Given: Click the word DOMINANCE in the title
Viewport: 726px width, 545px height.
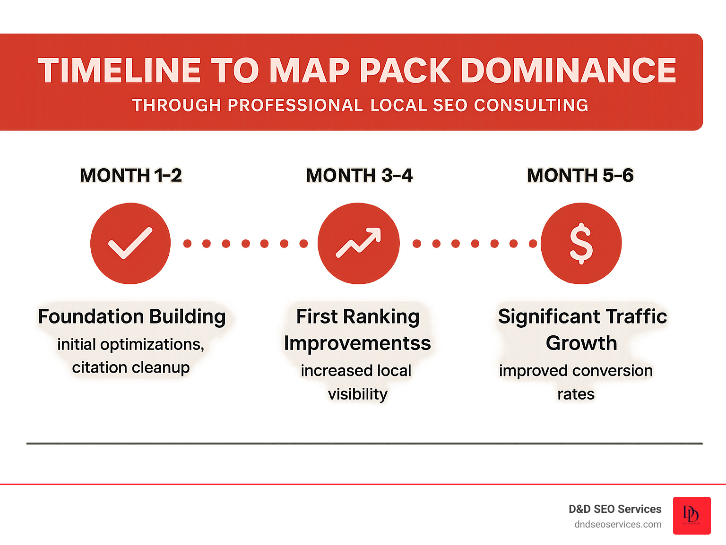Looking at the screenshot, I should coord(568,71).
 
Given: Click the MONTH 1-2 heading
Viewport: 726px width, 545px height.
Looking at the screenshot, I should coord(131,175).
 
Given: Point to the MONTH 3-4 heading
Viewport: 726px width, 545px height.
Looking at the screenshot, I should coord(359,175).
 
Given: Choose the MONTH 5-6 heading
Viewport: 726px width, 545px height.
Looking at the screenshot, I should coord(580,175).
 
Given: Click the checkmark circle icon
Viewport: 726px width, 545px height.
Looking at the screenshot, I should coord(130,243).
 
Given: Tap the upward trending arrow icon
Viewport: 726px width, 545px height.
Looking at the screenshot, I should coord(358,243).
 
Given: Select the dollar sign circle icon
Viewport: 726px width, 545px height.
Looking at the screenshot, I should coord(581,243).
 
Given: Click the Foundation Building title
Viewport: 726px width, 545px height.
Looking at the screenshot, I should coord(132,316).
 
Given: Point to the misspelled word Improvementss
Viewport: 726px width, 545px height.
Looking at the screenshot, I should coord(357,343).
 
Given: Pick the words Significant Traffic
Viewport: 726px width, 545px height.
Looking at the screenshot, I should coord(582,316).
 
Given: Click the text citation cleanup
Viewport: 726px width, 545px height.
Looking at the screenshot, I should coord(131,367).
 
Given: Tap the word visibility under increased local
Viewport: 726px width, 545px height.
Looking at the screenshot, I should coord(358,394).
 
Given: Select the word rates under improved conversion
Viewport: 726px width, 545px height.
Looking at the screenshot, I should coord(576,394).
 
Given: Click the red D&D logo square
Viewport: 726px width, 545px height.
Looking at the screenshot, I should coord(691,515).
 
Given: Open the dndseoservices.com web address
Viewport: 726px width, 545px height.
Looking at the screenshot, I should coord(618,524).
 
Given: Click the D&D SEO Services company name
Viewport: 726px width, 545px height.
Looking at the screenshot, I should coord(615,509).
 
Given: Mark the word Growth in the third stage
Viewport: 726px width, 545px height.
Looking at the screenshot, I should coord(581,343).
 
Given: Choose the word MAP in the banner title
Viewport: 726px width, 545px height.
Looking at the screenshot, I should coord(310,71).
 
